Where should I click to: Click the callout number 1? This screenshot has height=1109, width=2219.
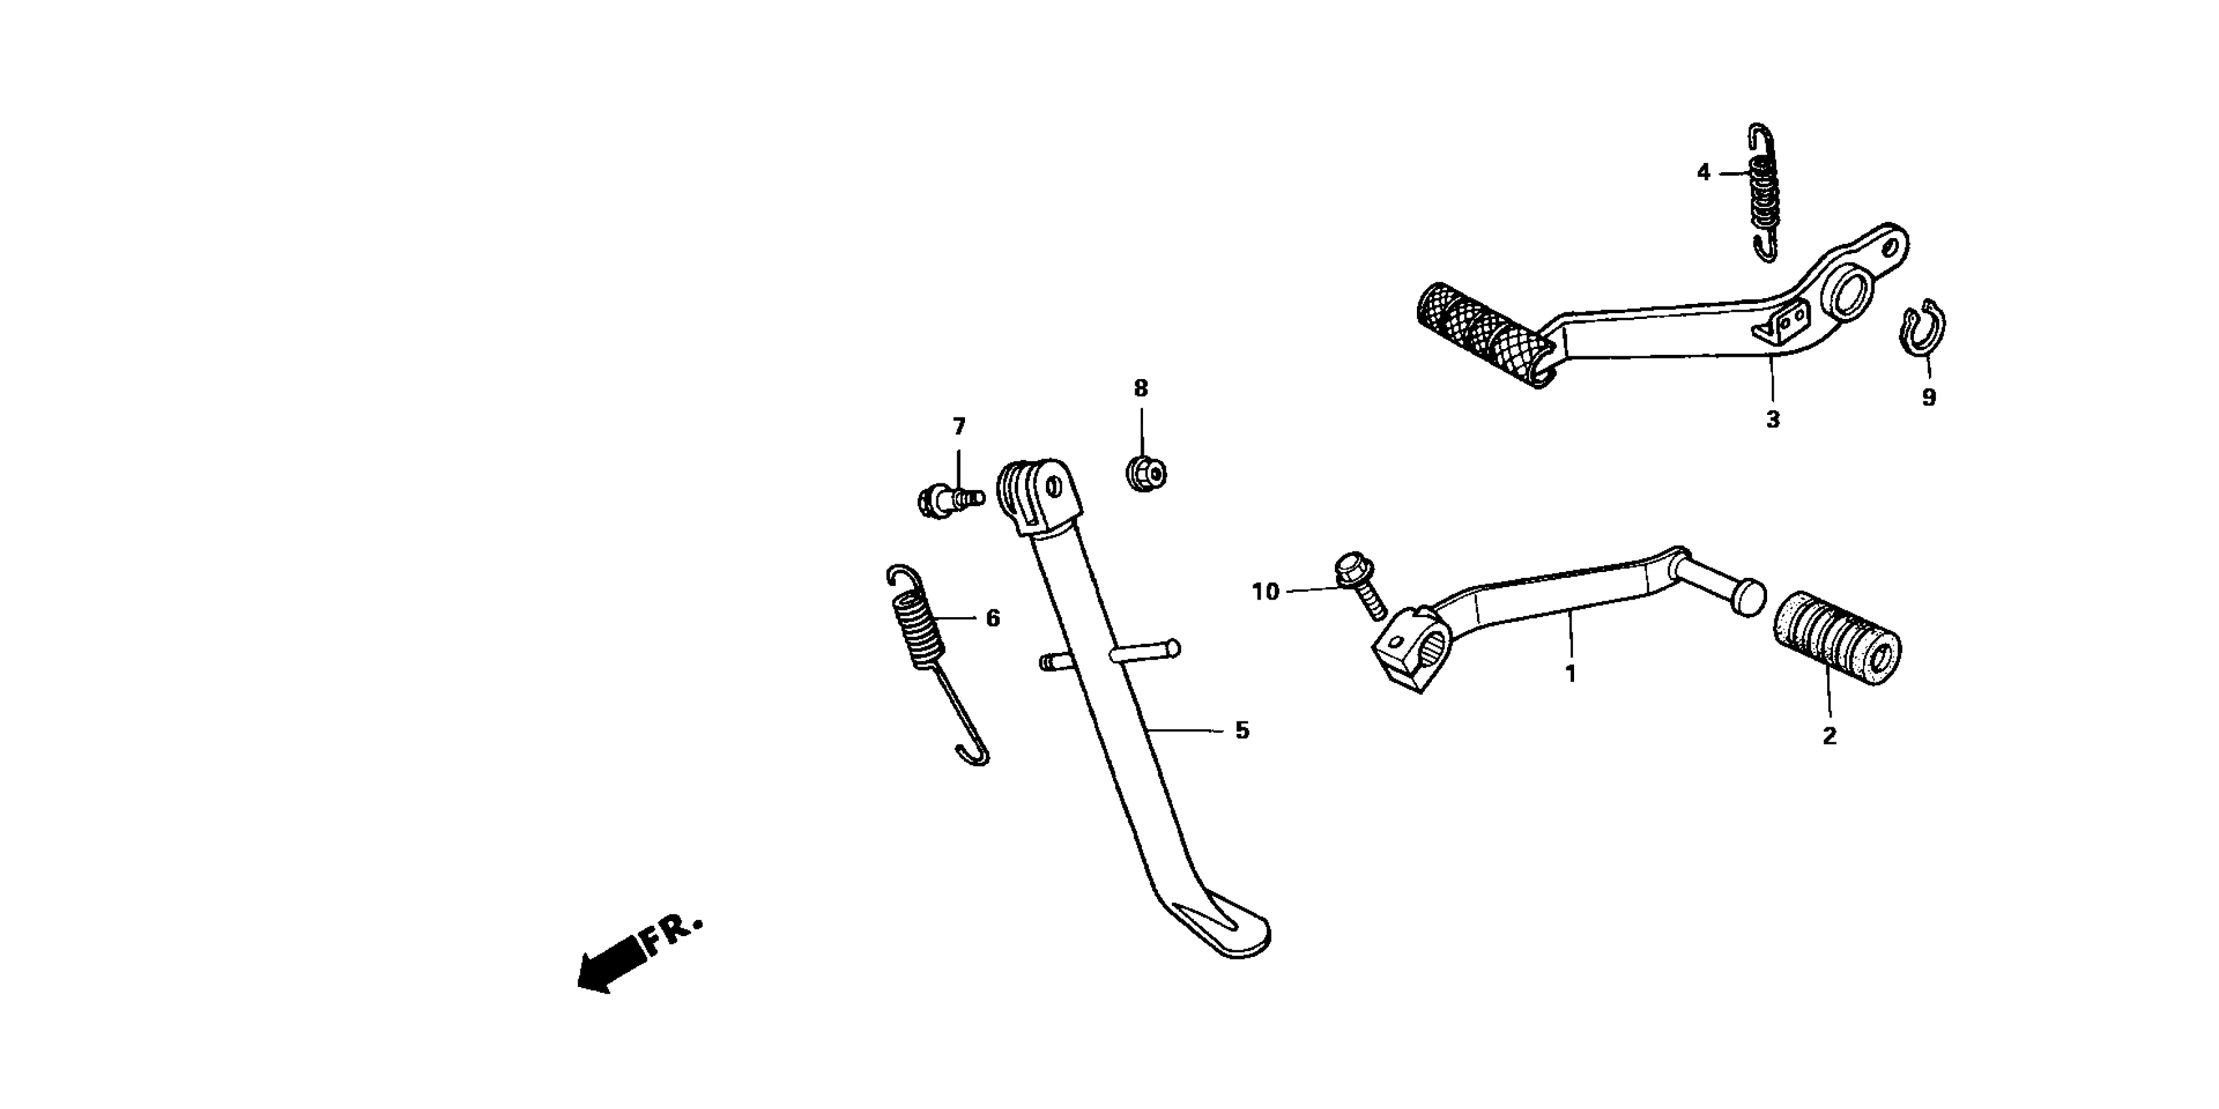coord(1570,674)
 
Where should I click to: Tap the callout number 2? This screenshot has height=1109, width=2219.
coord(1829,737)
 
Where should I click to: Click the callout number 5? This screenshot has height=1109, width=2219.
coord(1242,731)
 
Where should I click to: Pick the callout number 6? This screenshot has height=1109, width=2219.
coord(992,618)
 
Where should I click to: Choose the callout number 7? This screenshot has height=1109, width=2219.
coord(959,427)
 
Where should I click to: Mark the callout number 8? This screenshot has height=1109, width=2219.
coord(1140,389)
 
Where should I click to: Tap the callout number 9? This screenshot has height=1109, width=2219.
coord(1929,398)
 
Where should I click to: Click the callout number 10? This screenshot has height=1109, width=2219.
coord(1266,592)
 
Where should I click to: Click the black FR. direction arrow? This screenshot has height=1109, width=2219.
coord(612,964)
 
